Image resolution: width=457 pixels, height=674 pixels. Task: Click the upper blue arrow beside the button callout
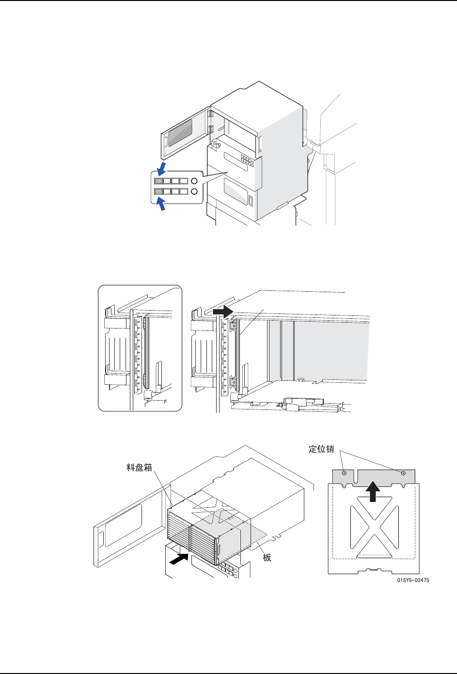click(161, 169)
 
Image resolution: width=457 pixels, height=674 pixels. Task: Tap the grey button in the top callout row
click(159, 181)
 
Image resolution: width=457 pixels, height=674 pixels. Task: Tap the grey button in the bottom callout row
click(159, 192)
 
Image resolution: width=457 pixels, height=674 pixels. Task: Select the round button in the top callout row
click(194, 181)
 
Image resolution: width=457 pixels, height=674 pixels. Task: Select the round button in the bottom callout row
click(194, 192)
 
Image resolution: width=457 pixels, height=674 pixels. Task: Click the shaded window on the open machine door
click(180, 130)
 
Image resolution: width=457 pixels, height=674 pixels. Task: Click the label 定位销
click(321, 449)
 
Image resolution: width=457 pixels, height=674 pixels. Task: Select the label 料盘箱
click(140, 468)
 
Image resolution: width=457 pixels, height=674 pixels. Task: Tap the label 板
click(267, 558)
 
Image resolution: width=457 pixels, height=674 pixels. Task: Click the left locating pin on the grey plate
click(344, 472)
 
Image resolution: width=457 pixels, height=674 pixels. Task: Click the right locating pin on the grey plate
click(403, 472)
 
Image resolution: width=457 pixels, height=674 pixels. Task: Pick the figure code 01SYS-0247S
click(413, 580)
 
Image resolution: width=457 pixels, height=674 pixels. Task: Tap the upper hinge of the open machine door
click(211, 115)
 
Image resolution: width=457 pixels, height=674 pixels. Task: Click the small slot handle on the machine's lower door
click(251, 201)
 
